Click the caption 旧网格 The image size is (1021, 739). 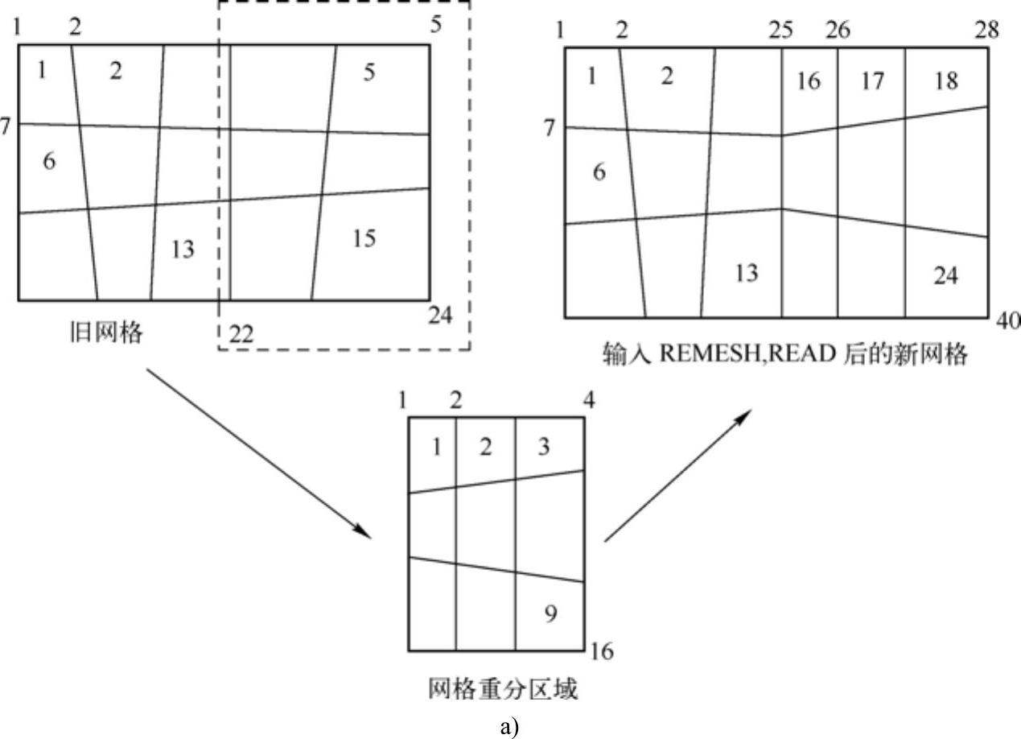pos(105,332)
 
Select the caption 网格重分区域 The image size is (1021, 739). pos(502,689)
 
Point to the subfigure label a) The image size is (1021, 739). pos(510,727)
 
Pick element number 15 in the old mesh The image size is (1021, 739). pos(364,238)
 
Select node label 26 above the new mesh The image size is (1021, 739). pos(837,31)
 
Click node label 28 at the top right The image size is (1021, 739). pos(987,31)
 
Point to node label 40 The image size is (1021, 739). pos(1007,320)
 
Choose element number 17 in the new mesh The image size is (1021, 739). pos(873,81)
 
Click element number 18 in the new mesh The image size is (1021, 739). pos(946,81)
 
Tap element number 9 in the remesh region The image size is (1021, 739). pos(550,614)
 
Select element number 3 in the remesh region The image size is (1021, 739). pos(544,446)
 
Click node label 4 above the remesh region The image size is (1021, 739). pos(590,400)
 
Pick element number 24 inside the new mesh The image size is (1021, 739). pos(945,275)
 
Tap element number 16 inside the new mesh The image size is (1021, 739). pos(809,81)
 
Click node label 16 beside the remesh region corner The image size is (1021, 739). pos(602,650)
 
